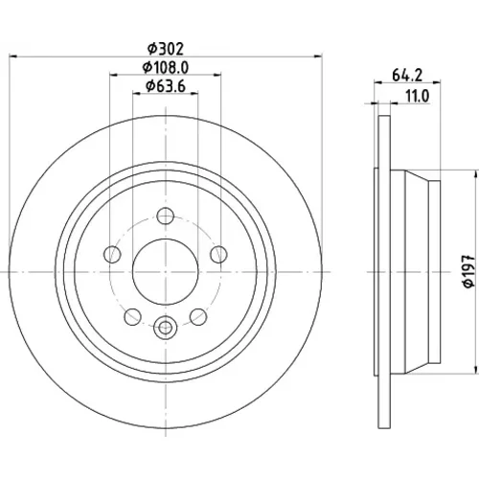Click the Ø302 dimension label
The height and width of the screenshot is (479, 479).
(166, 49)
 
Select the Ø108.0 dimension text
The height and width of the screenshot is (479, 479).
(166, 67)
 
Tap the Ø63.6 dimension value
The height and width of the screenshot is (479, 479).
(166, 86)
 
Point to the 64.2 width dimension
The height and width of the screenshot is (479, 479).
(407, 76)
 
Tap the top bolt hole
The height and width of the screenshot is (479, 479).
(166, 216)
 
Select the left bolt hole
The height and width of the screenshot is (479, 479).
(112, 255)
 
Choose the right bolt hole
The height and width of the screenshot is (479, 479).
(218, 255)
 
